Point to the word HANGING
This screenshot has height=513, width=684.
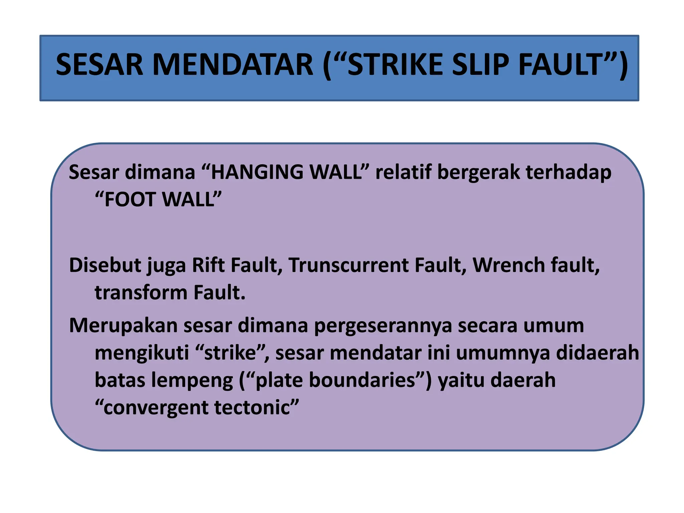coord(257,173)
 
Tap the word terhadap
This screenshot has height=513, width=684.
coord(568,173)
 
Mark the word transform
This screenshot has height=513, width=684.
coord(141,293)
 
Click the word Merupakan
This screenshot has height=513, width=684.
coord(123,326)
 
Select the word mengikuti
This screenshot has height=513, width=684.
coord(142,353)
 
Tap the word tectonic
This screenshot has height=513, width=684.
coord(252,408)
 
